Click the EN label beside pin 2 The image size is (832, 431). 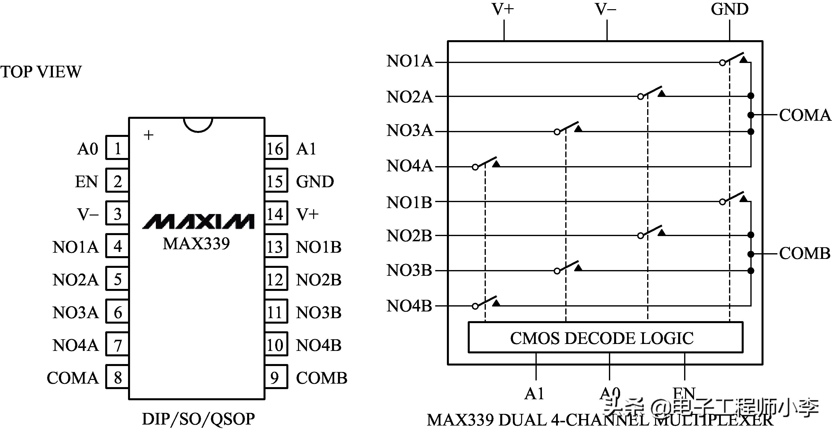click(x=86, y=182)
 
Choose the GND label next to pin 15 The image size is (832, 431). click(x=315, y=182)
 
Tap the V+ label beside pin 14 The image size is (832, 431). click(x=307, y=214)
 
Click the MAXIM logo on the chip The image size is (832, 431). click(x=198, y=221)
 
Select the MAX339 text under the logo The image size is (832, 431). click(x=196, y=244)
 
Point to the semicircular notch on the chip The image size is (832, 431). click(x=198, y=124)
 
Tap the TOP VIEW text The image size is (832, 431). click(x=41, y=72)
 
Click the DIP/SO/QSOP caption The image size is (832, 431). click(x=198, y=419)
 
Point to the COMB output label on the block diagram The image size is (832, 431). click(x=804, y=253)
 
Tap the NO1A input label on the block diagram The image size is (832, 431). click(x=409, y=61)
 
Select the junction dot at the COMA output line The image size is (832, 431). click(x=751, y=115)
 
